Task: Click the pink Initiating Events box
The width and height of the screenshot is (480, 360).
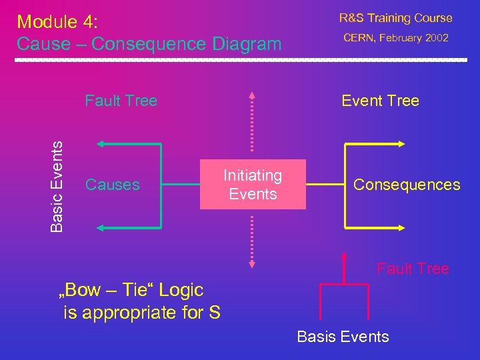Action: (253, 185)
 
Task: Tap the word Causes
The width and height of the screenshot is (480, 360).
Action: (113, 185)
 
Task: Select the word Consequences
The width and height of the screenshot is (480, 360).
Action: (407, 185)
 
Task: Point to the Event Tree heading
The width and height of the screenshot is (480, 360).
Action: (380, 101)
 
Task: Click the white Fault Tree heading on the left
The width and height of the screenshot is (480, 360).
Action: (121, 101)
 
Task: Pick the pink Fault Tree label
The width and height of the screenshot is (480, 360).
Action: (413, 269)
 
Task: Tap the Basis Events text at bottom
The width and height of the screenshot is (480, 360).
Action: (343, 337)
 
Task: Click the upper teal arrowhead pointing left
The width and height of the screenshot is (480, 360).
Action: (100, 143)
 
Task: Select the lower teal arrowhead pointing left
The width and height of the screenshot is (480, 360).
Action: (100, 228)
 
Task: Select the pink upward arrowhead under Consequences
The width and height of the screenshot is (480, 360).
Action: (344, 255)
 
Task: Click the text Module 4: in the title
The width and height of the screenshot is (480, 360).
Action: (57, 21)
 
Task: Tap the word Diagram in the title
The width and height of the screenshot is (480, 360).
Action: (246, 44)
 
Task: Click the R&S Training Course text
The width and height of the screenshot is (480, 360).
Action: (395, 18)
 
